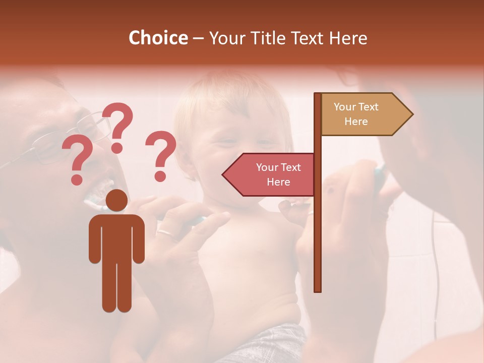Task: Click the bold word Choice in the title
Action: click(x=158, y=38)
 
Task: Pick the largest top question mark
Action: click(x=119, y=126)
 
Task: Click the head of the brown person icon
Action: click(x=116, y=200)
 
